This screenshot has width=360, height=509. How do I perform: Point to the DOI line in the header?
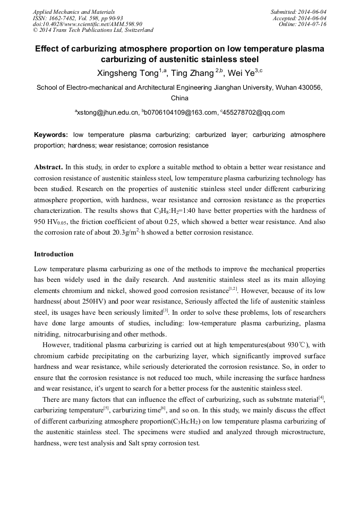(88, 24)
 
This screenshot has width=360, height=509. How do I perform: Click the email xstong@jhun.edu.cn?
(108, 113)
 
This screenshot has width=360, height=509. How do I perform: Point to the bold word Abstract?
(49, 166)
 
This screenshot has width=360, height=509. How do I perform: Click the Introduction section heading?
(54, 254)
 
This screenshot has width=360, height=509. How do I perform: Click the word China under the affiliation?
(179, 98)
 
